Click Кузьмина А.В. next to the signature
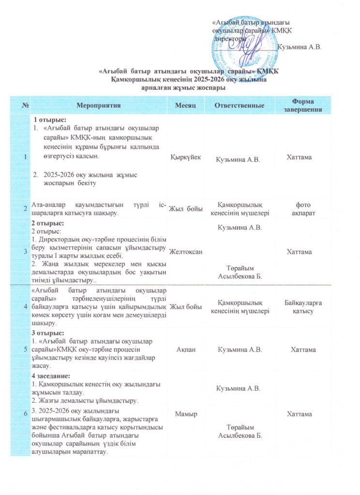tap(301, 47)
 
